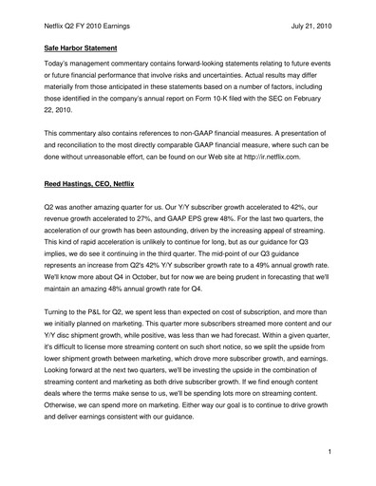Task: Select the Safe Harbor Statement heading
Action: click(83, 42)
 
